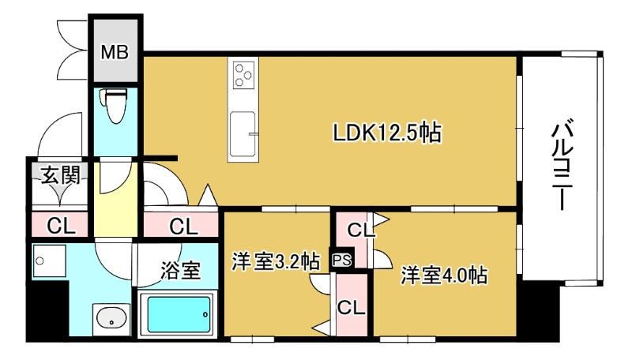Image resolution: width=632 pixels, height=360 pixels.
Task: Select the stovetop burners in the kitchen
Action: [x=243, y=77]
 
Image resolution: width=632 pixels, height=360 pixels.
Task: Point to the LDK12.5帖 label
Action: [x=386, y=133]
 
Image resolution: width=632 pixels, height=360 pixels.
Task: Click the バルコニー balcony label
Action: [x=562, y=164]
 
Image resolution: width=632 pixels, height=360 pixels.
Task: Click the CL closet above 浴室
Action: [x=183, y=227]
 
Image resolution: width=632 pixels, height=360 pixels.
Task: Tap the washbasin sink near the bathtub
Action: [x=112, y=320]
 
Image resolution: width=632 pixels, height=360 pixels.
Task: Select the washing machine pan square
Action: [x=48, y=261]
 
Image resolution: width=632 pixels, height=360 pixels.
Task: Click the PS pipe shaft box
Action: [x=341, y=259]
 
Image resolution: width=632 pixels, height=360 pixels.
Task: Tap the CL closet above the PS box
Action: [x=359, y=231]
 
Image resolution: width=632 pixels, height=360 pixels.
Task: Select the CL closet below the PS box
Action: [x=351, y=307]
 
